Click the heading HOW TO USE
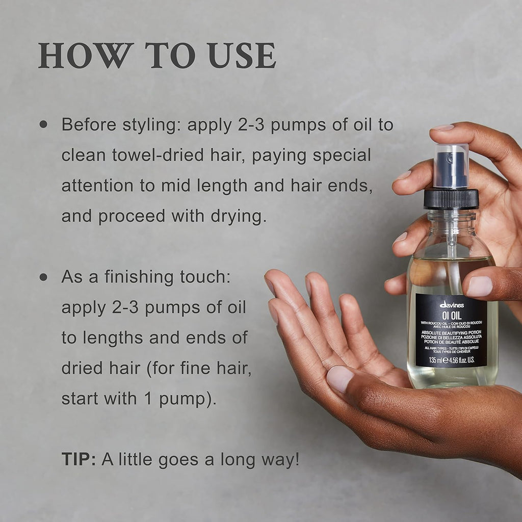157,56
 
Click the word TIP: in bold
79,459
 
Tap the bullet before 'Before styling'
43,124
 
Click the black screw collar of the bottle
451,199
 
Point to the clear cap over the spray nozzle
451,166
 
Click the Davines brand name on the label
451,304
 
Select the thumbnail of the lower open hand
340,378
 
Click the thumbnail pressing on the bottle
479,286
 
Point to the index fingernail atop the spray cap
442,127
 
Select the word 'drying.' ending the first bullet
240,217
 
